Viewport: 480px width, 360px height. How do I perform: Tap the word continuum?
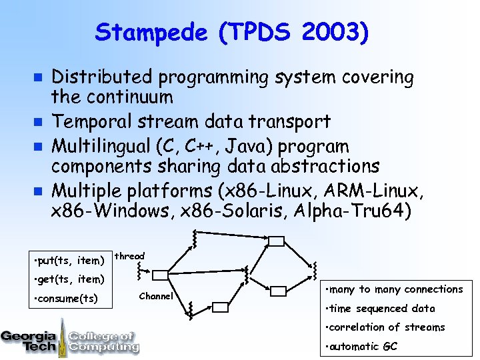pyautogui.click(x=126, y=97)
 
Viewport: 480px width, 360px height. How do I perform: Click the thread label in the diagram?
pyautogui.click(x=129, y=256)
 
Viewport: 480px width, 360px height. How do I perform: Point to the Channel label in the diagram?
pyautogui.click(x=156, y=296)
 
